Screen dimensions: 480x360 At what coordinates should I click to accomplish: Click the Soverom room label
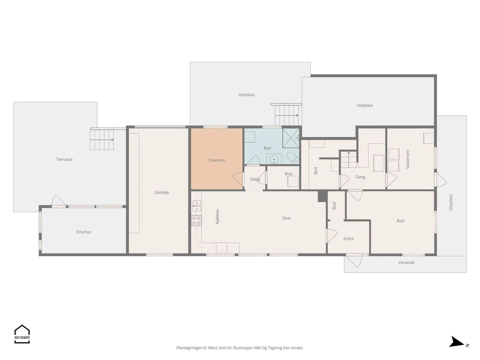click(217, 160)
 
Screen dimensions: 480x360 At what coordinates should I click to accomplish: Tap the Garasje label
click(162, 192)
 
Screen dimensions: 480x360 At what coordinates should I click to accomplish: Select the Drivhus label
click(84, 232)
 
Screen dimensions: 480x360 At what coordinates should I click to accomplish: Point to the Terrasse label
click(64, 160)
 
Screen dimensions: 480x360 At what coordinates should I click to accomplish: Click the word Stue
click(286, 218)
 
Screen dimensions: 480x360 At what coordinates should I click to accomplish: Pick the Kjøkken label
click(217, 216)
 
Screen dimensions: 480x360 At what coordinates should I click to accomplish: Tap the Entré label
click(348, 239)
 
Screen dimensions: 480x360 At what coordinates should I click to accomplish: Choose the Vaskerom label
click(407, 159)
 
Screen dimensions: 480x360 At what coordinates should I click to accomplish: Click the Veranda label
click(406, 262)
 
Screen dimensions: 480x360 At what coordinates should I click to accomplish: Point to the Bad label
click(267, 148)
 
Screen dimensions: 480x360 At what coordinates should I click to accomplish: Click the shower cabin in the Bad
click(291, 138)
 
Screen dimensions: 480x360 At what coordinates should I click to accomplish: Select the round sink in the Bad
click(274, 160)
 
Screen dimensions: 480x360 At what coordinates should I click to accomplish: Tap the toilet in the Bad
click(292, 157)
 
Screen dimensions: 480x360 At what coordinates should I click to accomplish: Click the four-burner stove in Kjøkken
click(196, 220)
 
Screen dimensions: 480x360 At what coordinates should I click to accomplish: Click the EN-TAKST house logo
click(22, 334)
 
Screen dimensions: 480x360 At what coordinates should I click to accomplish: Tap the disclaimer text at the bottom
click(240, 348)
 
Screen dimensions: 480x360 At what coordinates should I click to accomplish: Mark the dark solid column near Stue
click(322, 196)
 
